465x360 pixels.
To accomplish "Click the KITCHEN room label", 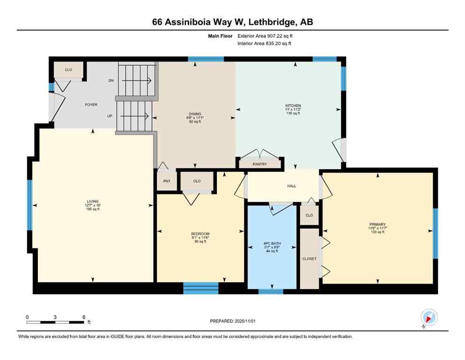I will [293, 106].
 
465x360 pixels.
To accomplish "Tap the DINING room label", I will [195, 114].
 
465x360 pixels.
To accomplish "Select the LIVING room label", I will [93, 202].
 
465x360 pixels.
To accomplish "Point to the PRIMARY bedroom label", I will [377, 225].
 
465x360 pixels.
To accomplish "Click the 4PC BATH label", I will [272, 244].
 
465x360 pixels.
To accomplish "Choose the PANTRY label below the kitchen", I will [259, 164].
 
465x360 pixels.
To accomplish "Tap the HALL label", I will [292, 186].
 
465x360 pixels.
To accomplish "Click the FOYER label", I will [91, 105].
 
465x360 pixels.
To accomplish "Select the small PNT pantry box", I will [167, 181].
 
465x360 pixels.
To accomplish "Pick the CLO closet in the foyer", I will [68, 70].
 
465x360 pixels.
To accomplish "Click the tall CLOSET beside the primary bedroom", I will [309, 258].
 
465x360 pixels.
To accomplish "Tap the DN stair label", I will [111, 81].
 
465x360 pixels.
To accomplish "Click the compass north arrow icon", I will [428, 317].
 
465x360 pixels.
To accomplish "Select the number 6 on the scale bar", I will [83, 317].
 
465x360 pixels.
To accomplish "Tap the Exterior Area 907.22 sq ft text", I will [267, 36].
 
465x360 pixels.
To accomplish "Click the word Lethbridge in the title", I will [273, 22].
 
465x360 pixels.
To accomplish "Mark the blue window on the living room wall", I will [29, 205].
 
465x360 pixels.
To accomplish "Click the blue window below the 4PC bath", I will [271, 292].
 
